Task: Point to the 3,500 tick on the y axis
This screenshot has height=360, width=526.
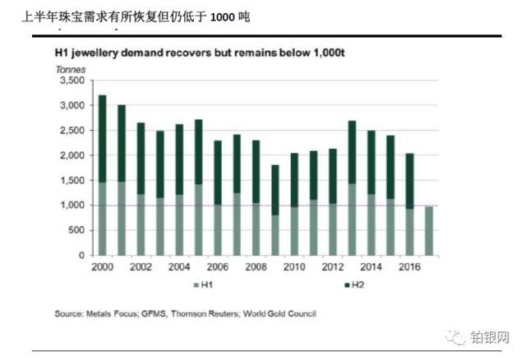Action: [72, 81]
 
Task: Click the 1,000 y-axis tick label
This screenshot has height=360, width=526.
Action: [72, 205]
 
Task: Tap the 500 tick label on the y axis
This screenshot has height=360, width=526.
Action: [76, 231]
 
